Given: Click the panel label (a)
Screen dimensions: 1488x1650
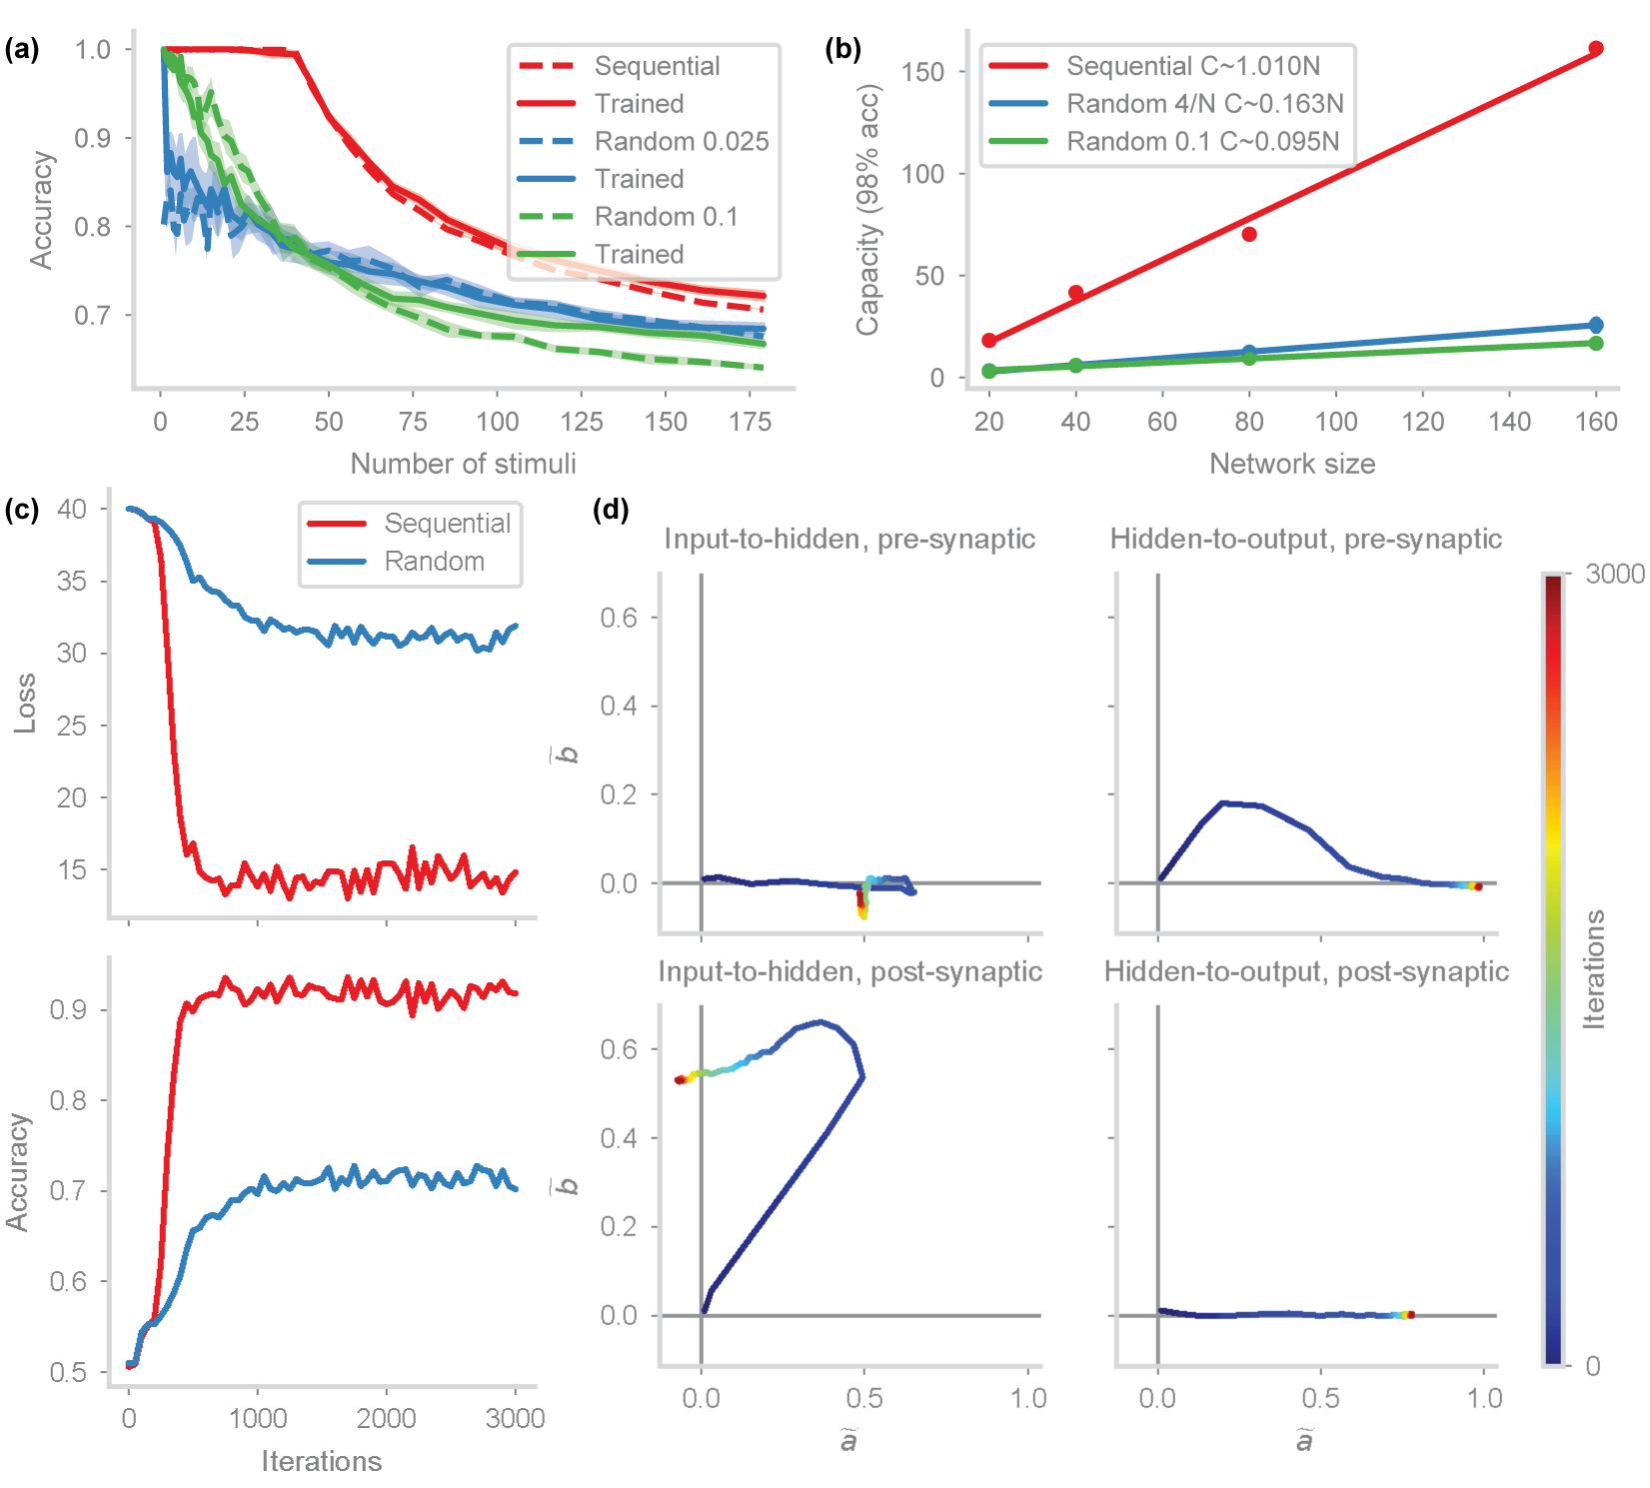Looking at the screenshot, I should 21,49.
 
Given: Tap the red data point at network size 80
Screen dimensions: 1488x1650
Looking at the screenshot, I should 1249,234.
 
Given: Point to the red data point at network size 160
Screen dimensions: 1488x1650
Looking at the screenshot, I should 1596,49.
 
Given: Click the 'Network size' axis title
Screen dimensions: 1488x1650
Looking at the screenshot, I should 1291,464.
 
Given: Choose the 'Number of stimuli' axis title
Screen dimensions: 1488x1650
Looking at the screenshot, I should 463,464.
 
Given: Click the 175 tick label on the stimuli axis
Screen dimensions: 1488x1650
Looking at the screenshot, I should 750,422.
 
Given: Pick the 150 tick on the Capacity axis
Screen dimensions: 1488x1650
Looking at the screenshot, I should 922,72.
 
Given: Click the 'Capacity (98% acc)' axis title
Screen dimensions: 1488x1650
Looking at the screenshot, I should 867,210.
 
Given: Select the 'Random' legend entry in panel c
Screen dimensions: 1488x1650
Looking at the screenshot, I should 434,562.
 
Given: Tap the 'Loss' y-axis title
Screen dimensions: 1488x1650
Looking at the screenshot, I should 25,704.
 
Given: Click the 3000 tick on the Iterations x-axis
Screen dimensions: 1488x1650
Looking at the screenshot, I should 515,1418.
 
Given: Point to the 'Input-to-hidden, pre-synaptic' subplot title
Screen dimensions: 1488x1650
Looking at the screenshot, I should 849,539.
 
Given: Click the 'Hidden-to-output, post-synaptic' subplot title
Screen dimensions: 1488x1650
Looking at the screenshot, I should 1305,971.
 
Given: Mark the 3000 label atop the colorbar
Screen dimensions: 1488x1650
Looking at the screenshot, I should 1614,574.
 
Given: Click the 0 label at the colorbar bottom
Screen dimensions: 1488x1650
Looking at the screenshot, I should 1592,1366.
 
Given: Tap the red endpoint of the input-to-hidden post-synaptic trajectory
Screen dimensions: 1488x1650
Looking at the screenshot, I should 679,1079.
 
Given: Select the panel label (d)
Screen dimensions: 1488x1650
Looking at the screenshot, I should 611,510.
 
